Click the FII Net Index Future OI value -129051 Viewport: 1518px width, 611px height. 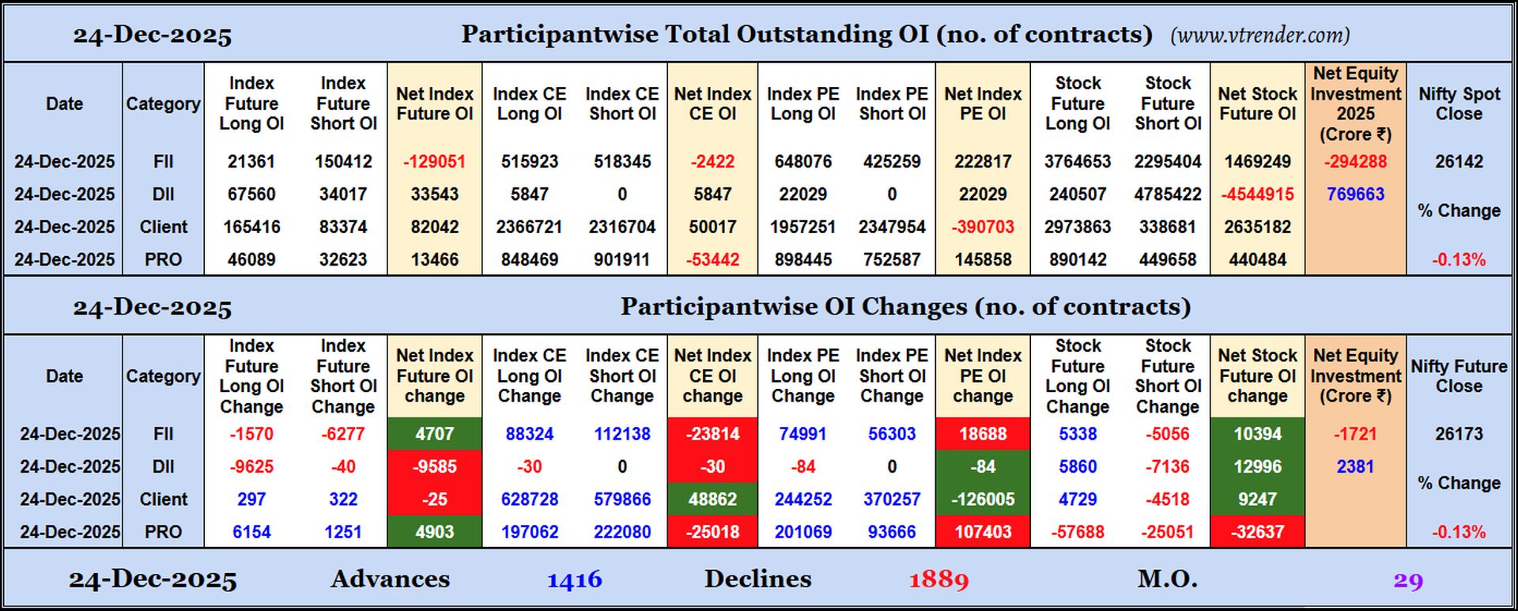point(434,161)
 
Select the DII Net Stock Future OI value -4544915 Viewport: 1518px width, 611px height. point(1257,194)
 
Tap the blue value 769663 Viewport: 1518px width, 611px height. point(1355,194)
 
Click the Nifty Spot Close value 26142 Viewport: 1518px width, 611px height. point(1459,161)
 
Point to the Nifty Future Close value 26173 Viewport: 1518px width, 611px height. point(1459,434)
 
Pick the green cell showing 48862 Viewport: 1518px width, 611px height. point(712,500)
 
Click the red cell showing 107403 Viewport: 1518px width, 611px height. point(983,532)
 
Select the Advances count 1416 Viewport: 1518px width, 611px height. point(575,580)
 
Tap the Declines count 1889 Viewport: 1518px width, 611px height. point(938,580)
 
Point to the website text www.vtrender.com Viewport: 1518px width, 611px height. point(1259,36)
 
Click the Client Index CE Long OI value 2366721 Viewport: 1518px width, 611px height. point(529,227)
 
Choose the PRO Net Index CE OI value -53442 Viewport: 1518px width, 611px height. point(712,260)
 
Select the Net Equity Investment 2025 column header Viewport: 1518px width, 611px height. point(1355,104)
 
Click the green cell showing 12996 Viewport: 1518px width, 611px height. point(1257,467)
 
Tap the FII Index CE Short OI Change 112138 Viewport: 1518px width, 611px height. point(622,434)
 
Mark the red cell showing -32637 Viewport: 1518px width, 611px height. point(1257,532)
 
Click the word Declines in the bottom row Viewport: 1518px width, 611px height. point(757,579)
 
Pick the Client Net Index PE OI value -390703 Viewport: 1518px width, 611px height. point(983,227)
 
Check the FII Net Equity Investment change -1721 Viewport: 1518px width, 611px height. point(1355,434)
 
